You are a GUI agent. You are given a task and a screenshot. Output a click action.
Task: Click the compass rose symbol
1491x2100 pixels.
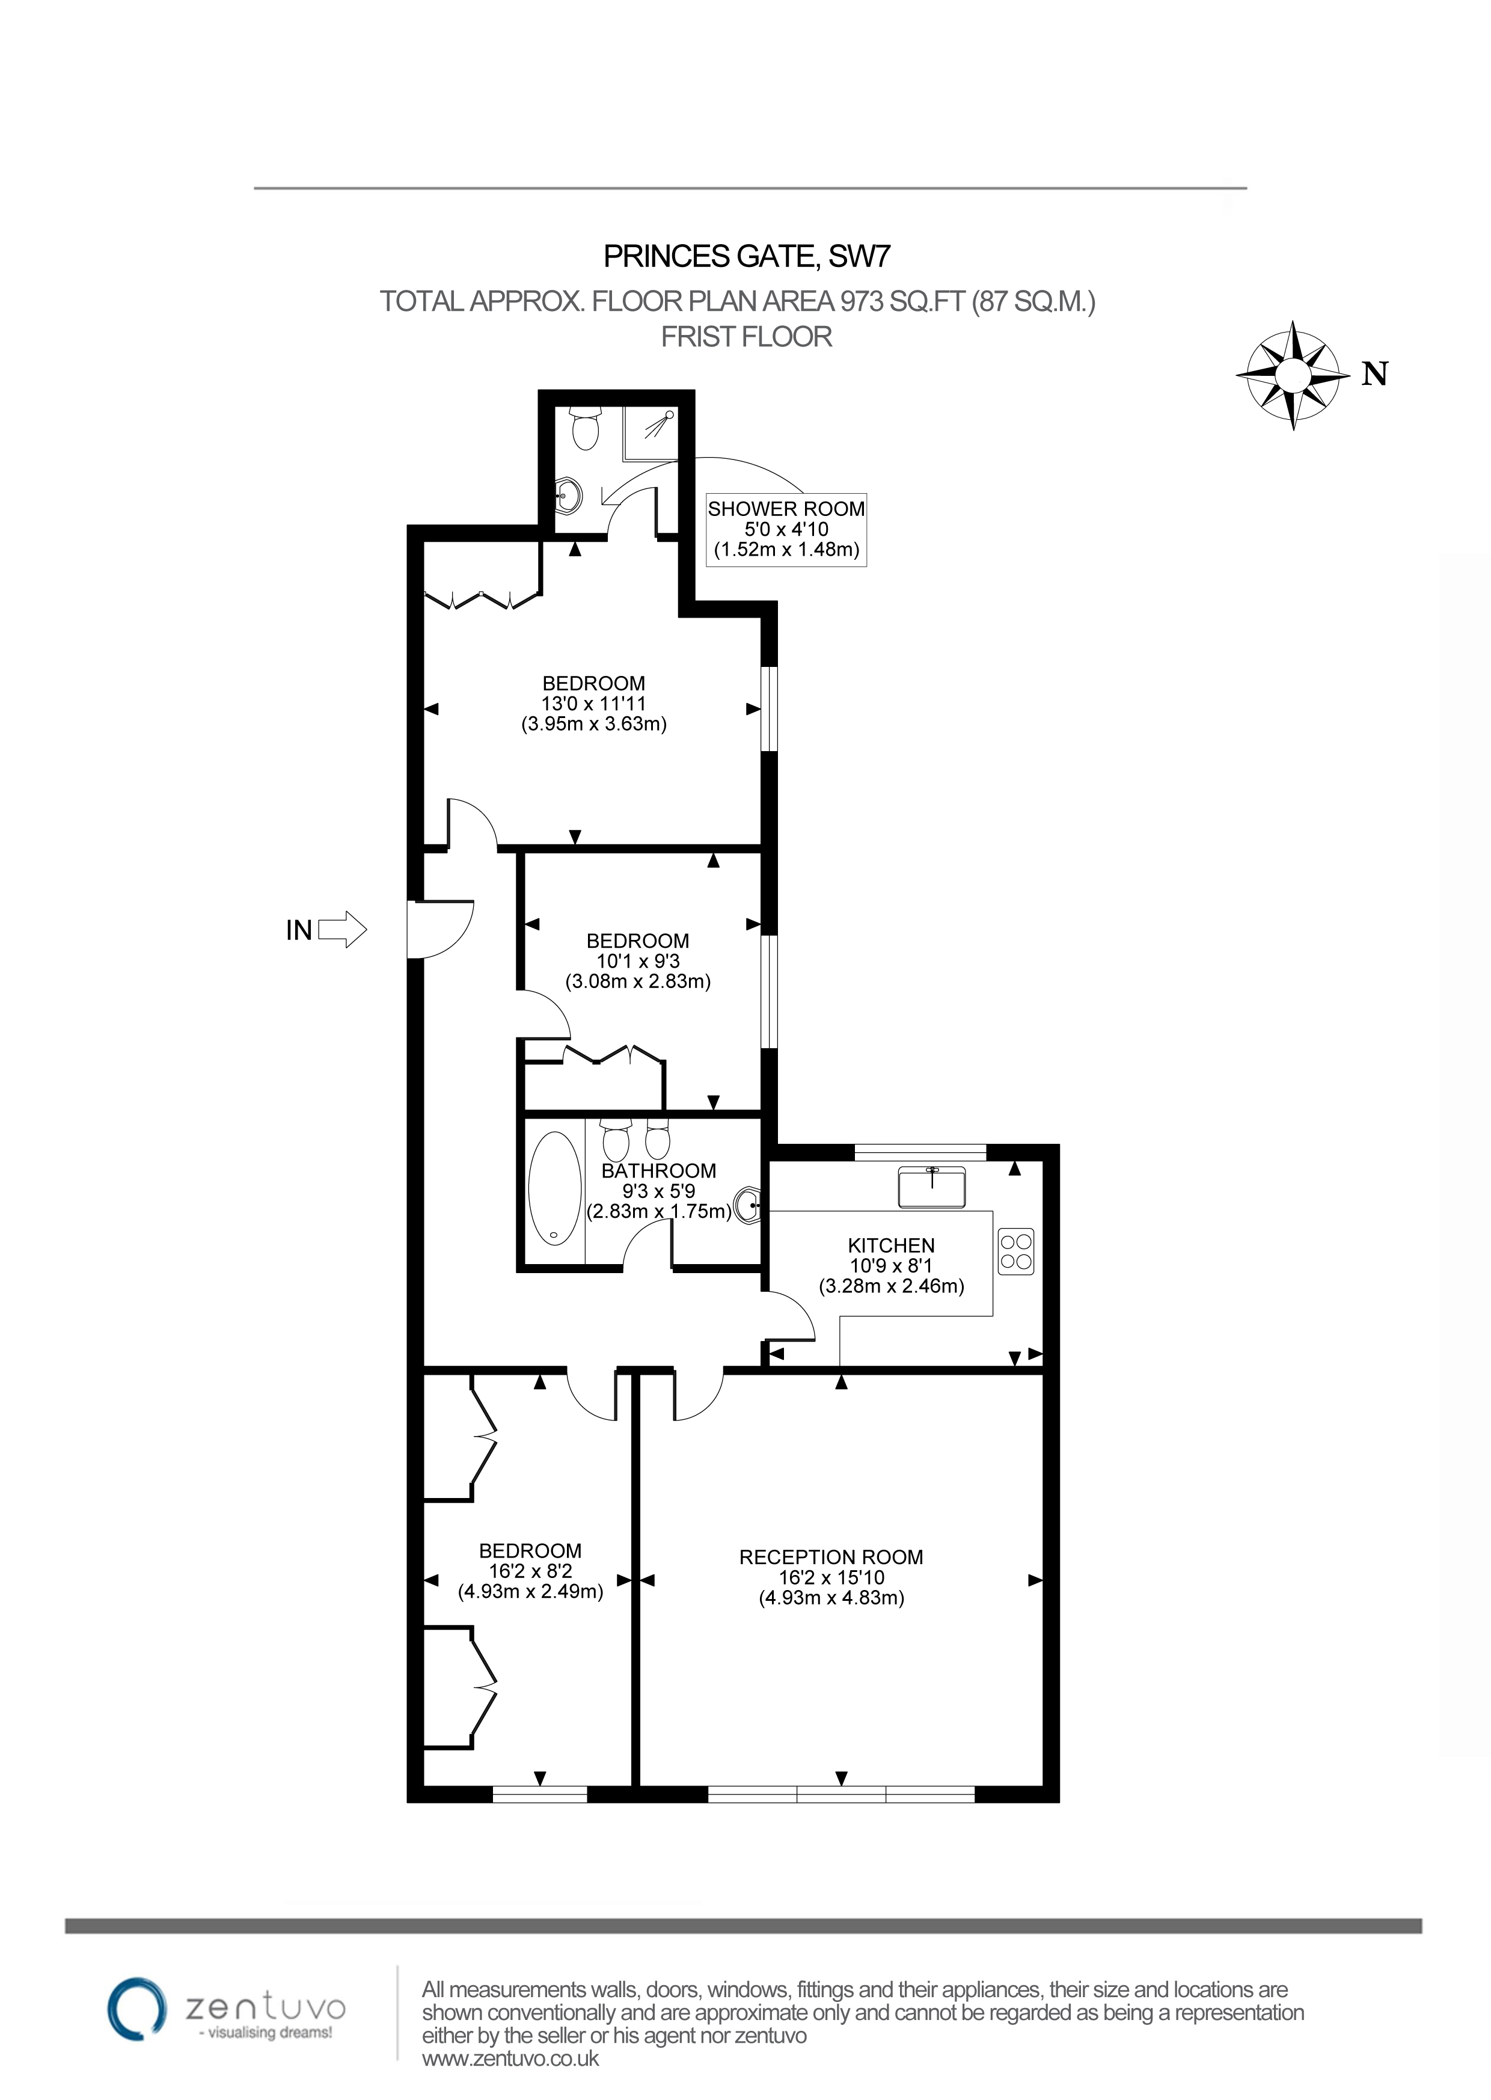click(x=1293, y=375)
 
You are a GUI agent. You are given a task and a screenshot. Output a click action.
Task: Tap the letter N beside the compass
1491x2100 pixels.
click(x=1374, y=375)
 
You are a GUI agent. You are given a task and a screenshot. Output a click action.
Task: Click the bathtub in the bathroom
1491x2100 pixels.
click(x=554, y=1189)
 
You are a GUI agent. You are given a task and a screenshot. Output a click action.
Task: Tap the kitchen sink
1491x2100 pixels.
click(x=932, y=1187)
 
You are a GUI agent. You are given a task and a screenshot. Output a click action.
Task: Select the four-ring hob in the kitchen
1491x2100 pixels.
click(x=1016, y=1251)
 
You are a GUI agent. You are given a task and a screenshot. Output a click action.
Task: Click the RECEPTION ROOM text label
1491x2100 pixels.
click(x=831, y=1558)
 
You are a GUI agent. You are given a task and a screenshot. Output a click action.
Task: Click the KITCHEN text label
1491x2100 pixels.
click(x=890, y=1245)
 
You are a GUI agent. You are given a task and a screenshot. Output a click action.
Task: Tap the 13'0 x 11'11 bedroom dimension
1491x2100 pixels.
click(x=593, y=704)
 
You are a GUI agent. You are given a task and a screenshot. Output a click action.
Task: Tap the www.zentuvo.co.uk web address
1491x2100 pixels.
click(x=510, y=2059)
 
